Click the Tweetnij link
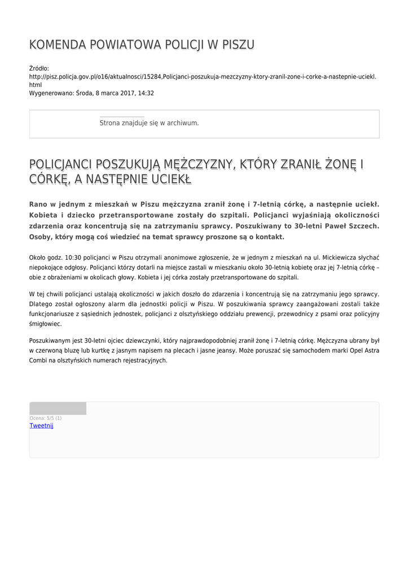[x=41, y=426]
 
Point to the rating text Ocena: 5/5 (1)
[x=46, y=418]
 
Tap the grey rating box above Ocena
[x=58, y=409]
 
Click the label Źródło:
[x=39, y=68]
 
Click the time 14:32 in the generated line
[x=146, y=93]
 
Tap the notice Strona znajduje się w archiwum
[x=149, y=122]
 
